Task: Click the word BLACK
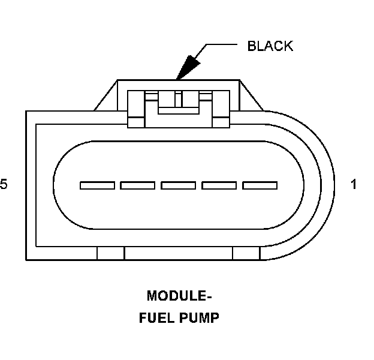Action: [270, 46]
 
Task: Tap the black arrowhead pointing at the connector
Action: [186, 65]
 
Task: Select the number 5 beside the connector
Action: [4, 185]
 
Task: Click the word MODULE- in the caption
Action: [179, 296]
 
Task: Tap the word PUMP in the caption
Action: [199, 318]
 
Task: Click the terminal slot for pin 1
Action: [260, 185]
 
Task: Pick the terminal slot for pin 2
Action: [219, 185]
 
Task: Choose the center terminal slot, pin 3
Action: [178, 185]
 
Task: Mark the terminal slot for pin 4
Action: [137, 185]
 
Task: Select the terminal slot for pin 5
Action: [96, 185]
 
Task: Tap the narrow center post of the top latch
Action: [178, 98]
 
